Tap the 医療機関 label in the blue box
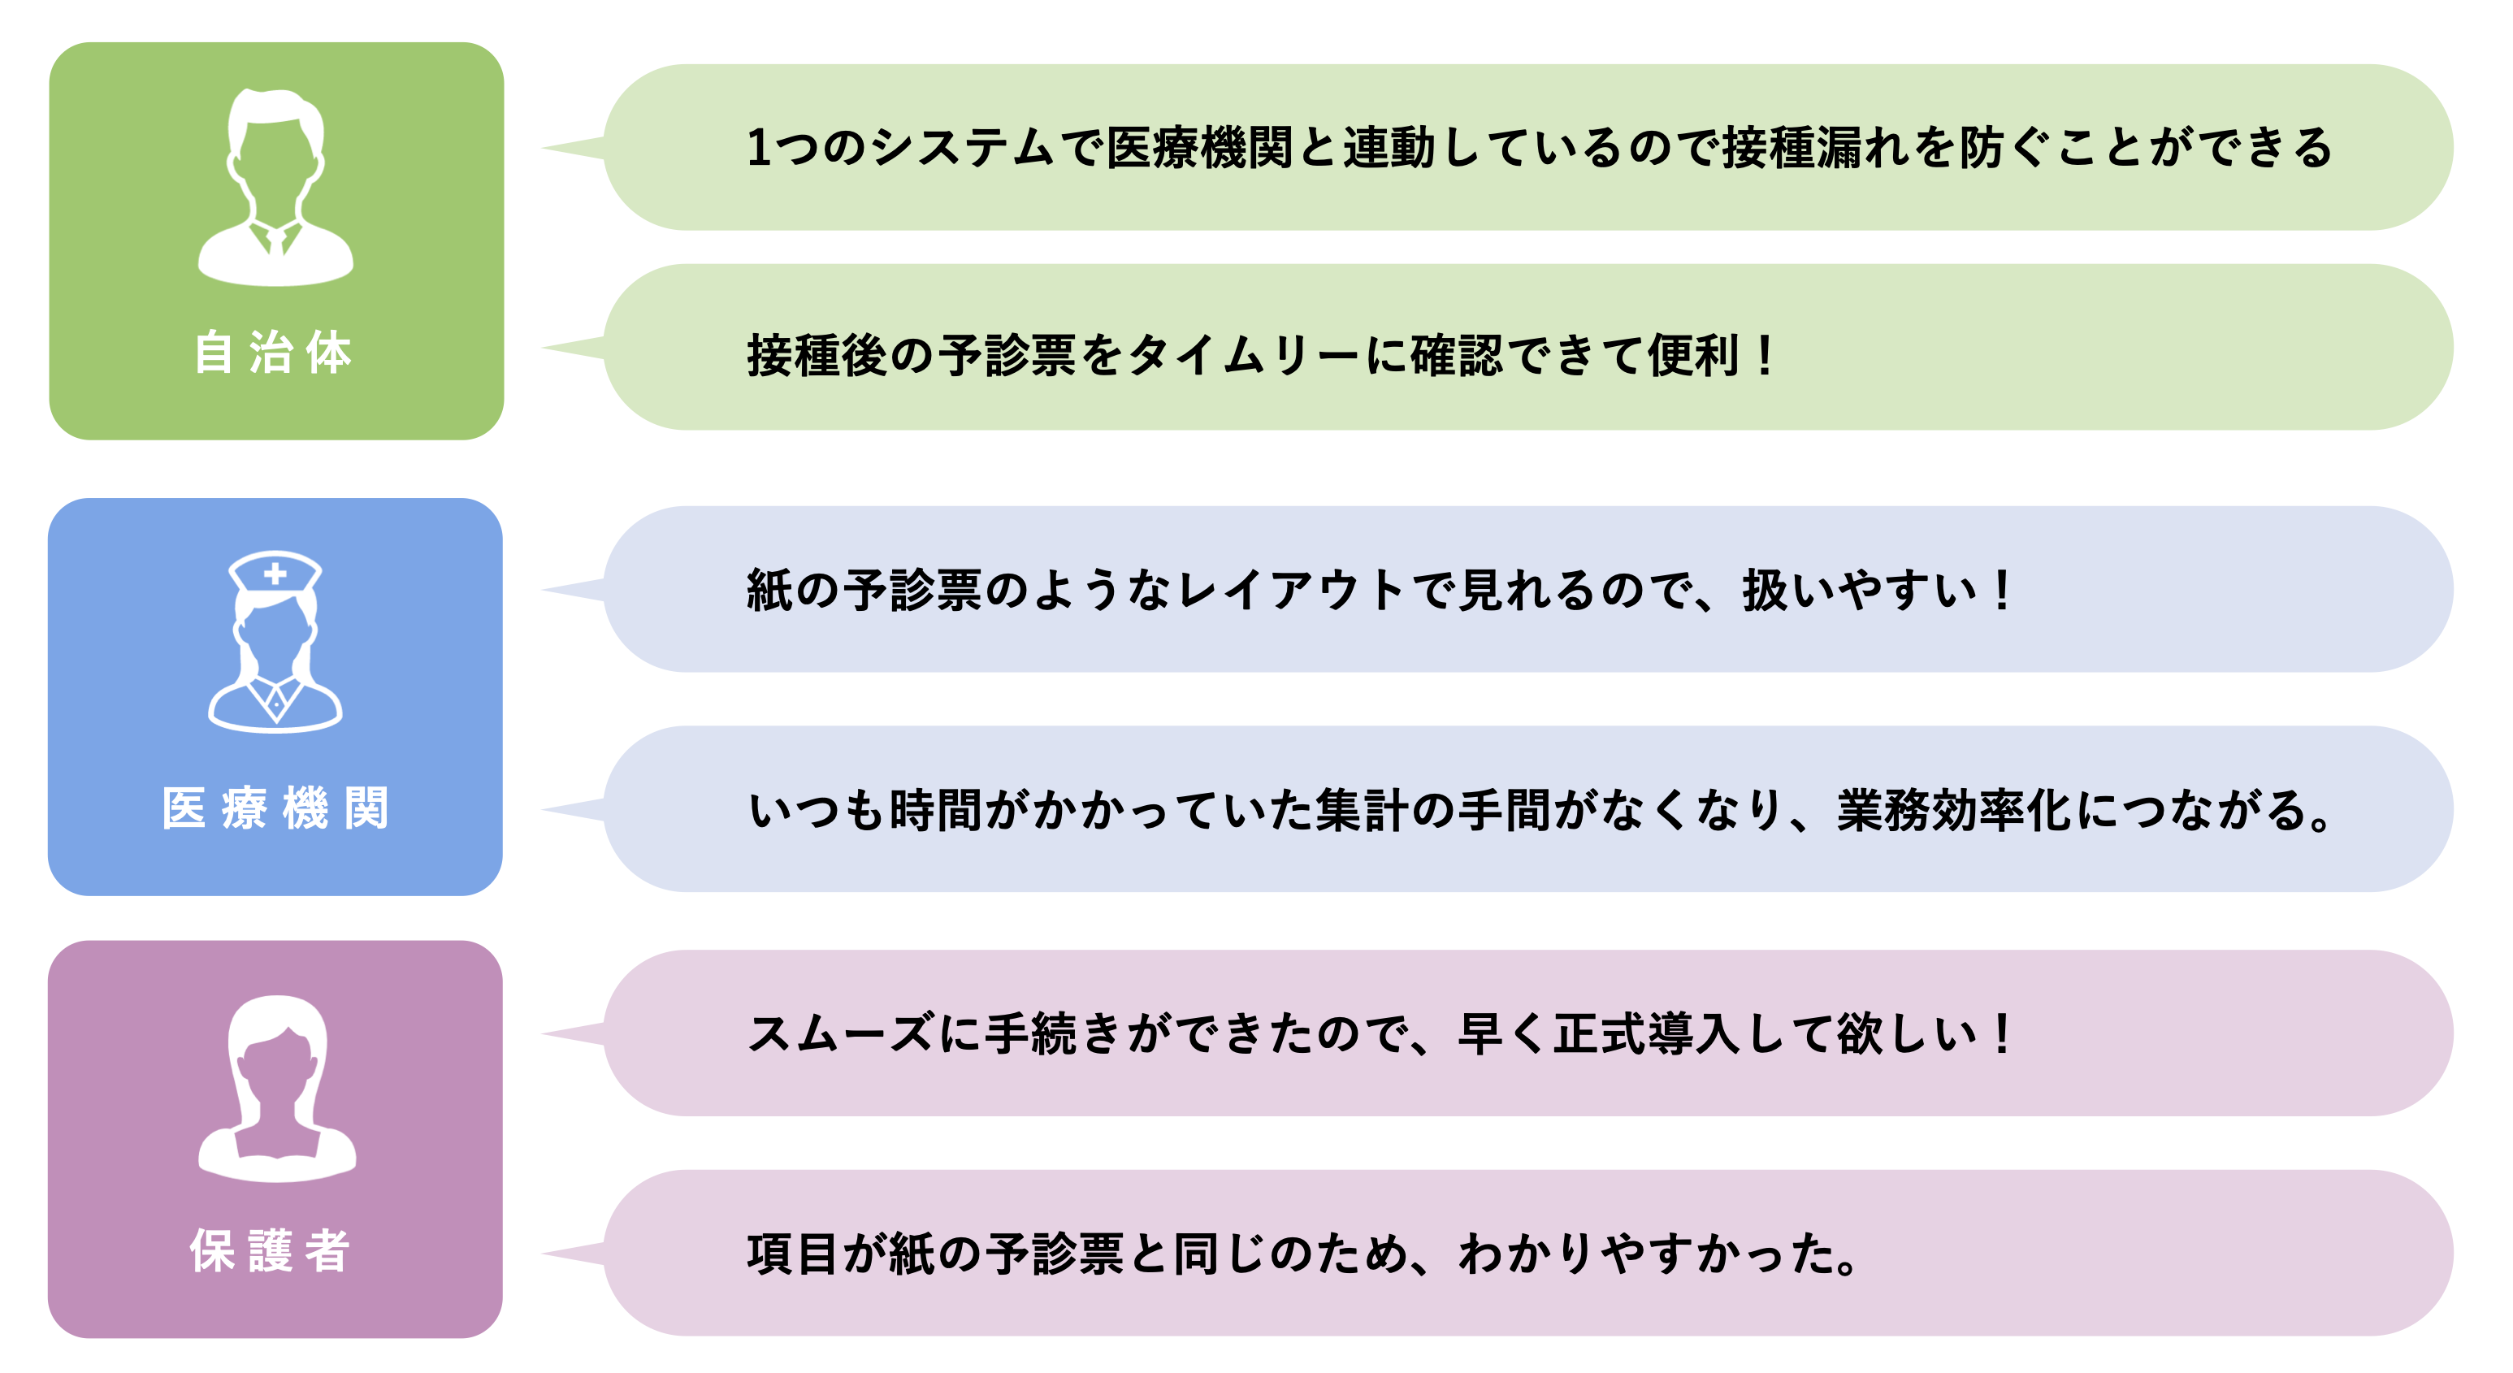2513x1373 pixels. tap(275, 808)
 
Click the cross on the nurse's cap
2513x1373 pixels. tap(275, 574)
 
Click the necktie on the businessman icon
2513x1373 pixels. tap(276, 239)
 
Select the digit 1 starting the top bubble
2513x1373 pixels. tap(759, 148)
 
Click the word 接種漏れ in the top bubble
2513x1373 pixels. tap(1814, 148)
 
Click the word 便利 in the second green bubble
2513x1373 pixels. tap(1693, 355)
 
